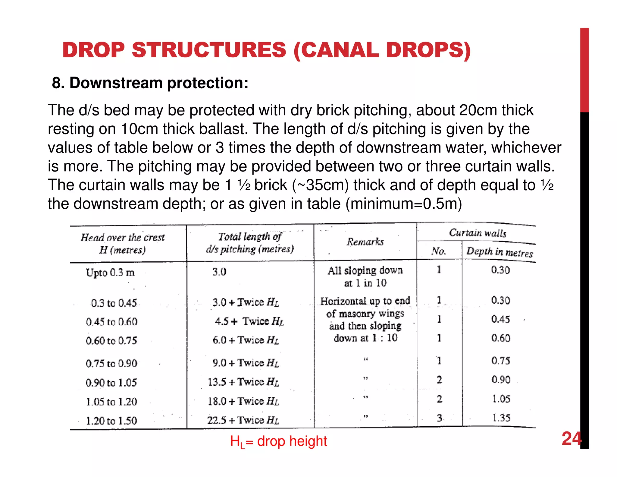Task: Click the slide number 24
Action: click(x=571, y=439)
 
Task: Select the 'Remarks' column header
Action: click(x=365, y=242)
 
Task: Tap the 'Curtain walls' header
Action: click(x=478, y=233)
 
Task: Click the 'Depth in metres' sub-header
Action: click(x=499, y=252)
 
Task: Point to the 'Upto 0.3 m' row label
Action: click(x=110, y=273)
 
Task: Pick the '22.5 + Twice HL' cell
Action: click(x=243, y=420)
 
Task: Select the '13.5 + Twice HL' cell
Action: click(x=243, y=382)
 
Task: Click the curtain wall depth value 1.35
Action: click(x=501, y=418)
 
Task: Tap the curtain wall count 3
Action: click(x=440, y=418)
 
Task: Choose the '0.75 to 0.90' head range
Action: click(x=111, y=363)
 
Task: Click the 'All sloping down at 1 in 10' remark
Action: click(x=365, y=276)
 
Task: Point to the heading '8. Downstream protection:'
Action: click(x=150, y=83)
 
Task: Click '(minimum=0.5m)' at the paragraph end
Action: click(x=404, y=204)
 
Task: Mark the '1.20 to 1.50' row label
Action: click(x=111, y=421)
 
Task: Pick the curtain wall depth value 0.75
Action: click(x=501, y=361)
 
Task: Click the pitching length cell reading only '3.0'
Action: click(x=219, y=272)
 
